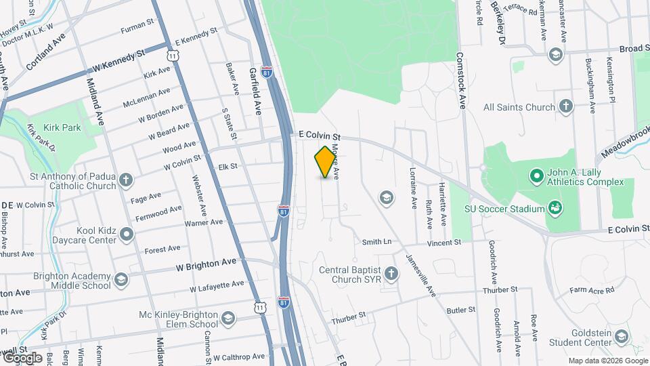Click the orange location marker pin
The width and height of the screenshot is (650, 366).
326,162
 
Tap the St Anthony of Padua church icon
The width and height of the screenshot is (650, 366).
125,180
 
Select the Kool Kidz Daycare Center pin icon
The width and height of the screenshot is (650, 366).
126,235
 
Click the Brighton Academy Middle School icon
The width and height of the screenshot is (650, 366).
121,279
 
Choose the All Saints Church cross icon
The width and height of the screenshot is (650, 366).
565,106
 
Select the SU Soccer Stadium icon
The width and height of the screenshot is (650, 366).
555,207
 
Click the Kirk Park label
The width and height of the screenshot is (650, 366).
62,127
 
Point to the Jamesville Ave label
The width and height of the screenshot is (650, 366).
420,274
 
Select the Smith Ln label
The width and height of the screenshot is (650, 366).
376,241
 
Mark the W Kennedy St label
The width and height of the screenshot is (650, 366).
119,61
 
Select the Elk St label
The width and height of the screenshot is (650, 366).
228,166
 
